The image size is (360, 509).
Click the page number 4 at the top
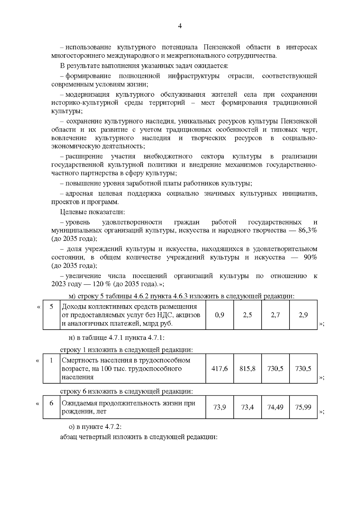coord(180,26)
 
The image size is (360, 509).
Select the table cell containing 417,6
coord(220,369)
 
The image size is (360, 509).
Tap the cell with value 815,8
coord(247,369)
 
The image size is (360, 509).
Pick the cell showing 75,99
coord(303,407)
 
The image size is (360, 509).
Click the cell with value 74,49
coord(275,407)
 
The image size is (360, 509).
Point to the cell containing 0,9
coord(220,315)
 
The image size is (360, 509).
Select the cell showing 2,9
coord(303,315)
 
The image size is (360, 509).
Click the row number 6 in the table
coord(51,403)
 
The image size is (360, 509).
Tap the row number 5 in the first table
coord(51,307)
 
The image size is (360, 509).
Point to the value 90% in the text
coord(310,257)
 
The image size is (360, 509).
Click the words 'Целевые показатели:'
coord(92,212)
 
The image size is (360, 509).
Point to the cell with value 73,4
coord(247,407)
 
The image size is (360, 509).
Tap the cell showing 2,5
coord(247,315)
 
